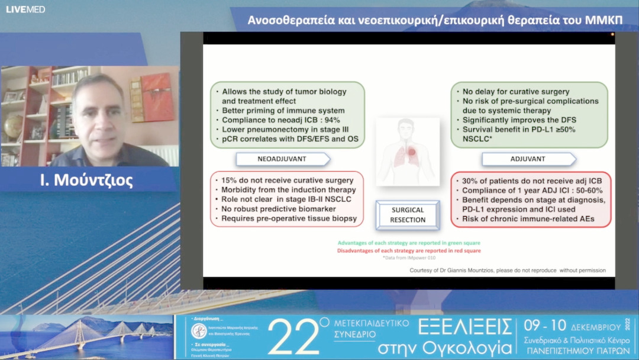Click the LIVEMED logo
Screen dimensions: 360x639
point(25,9)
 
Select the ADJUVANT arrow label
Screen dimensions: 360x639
point(527,159)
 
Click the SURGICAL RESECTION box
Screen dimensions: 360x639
point(407,215)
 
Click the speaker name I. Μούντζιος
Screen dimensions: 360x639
point(86,181)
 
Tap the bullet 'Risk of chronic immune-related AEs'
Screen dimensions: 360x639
point(528,219)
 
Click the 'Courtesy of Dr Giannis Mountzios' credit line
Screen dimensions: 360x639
point(507,271)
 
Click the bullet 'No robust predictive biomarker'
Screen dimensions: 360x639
point(278,209)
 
